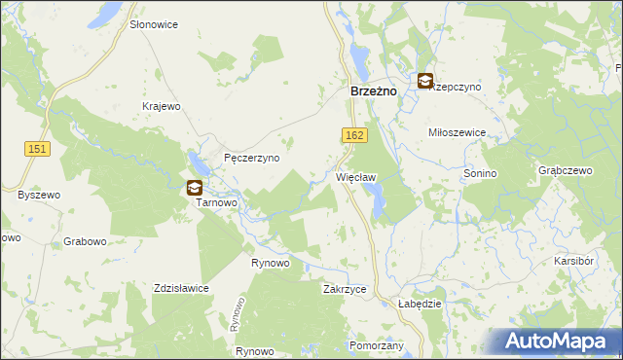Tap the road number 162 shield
(354, 133)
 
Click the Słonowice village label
(154, 24)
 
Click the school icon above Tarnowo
(196, 188)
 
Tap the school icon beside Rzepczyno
(425, 82)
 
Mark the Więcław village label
(355, 178)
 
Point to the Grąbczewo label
(566, 170)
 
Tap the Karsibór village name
(574, 263)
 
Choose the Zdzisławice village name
(182, 288)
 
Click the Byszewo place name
(39, 195)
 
